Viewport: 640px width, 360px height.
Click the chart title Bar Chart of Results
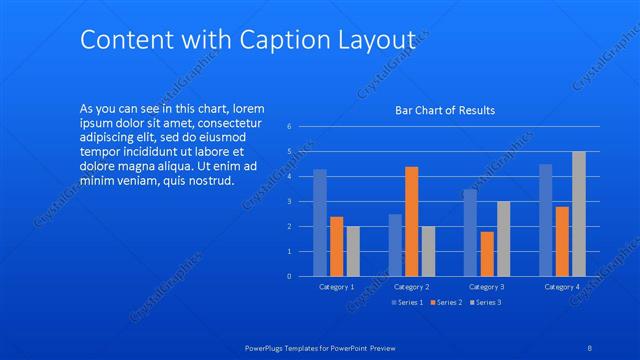(x=445, y=110)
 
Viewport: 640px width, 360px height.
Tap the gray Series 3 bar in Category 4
(x=578, y=213)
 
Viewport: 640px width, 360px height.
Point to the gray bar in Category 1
(x=353, y=250)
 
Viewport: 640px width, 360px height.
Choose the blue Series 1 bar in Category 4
(x=545, y=219)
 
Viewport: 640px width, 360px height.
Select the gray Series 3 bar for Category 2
(x=428, y=250)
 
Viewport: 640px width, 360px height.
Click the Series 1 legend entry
(x=407, y=302)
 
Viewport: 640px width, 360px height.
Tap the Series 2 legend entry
(x=446, y=302)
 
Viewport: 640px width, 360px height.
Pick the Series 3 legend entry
(x=485, y=302)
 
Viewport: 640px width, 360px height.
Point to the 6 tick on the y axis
(x=288, y=127)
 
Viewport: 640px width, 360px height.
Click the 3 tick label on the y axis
(x=288, y=201)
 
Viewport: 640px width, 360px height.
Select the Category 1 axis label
(x=336, y=287)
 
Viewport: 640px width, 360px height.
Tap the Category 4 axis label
(x=562, y=287)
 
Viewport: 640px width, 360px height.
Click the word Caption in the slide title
(x=283, y=40)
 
